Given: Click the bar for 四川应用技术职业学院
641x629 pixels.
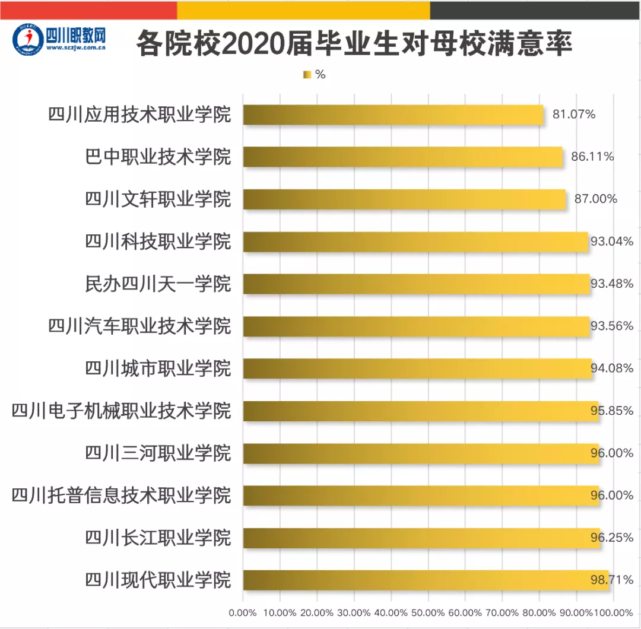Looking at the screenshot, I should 393,115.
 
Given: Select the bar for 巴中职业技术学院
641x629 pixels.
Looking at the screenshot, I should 402,157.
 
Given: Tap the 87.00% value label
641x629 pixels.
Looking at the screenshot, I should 595,199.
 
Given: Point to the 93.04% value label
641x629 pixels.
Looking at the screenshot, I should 612,242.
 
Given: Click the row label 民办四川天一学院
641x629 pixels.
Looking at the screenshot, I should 158,284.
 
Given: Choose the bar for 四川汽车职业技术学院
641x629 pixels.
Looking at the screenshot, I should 416,326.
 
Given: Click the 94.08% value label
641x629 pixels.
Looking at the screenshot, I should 612,368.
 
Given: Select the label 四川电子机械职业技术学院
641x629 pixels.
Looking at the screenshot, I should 121,411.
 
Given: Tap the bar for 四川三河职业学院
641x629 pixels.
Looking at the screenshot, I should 421,453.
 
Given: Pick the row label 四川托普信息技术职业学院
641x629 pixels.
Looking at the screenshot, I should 121,495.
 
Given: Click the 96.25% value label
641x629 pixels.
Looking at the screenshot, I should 612,538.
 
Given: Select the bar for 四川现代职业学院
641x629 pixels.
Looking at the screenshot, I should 426,580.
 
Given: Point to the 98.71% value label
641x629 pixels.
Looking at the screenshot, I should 612,580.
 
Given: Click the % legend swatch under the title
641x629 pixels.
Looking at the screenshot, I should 307,75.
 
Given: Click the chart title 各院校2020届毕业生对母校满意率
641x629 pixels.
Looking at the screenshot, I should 354,45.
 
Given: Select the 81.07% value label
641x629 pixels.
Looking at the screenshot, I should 574,115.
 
